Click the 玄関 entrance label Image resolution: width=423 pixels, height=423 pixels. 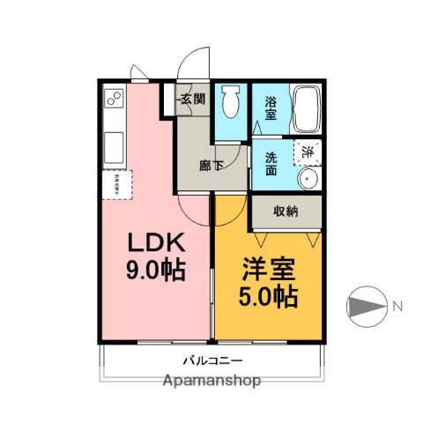tap(193, 100)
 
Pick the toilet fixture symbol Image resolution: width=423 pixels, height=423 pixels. tap(232, 104)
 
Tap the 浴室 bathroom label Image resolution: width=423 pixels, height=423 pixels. tap(271, 108)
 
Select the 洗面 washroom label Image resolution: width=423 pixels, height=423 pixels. tap(271, 165)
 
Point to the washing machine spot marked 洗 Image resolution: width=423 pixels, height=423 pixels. tap(308, 151)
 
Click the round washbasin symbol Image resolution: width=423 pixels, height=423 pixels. tap(308, 178)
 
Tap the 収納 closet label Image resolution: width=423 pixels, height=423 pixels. tap(285, 211)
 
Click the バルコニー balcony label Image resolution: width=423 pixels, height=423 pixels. tap(211, 360)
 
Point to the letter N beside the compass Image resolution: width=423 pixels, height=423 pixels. tap(397, 307)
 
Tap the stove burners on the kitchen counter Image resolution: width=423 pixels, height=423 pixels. tap(113, 100)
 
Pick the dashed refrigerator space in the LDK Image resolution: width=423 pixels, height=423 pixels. tap(116, 183)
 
